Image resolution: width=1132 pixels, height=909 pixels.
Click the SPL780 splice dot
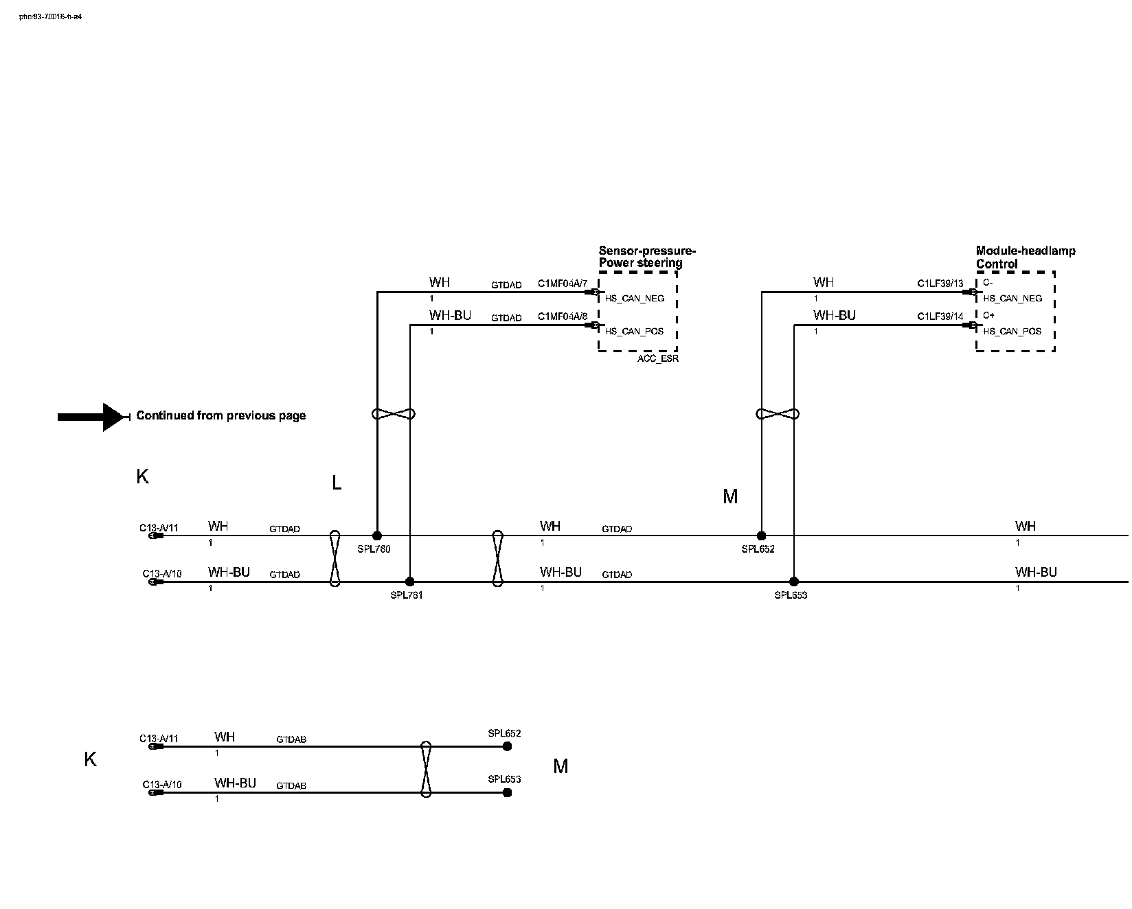click(376, 536)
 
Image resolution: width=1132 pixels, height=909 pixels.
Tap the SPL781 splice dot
click(410, 582)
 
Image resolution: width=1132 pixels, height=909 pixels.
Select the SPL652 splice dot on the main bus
click(761, 536)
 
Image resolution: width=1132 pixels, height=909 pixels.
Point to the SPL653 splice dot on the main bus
click(794, 582)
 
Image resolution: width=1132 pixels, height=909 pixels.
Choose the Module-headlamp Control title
click(1026, 257)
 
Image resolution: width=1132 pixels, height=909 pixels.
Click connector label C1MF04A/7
click(563, 284)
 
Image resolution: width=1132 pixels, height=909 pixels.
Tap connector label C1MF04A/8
click(563, 317)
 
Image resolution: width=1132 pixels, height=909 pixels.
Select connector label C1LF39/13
click(940, 284)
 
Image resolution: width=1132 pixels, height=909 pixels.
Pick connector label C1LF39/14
click(940, 317)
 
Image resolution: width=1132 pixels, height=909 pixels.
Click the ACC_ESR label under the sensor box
click(657, 359)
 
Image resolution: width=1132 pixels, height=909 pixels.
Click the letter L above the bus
click(337, 483)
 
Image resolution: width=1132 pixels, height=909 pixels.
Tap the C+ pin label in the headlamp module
click(988, 316)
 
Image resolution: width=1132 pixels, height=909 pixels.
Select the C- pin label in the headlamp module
click(988, 283)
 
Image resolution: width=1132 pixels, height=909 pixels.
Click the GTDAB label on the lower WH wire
click(291, 739)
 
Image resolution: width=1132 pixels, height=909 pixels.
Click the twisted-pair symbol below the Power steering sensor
click(394, 414)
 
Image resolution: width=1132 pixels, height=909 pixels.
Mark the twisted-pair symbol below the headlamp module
click(778, 414)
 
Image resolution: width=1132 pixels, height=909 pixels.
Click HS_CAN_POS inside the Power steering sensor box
click(634, 332)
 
